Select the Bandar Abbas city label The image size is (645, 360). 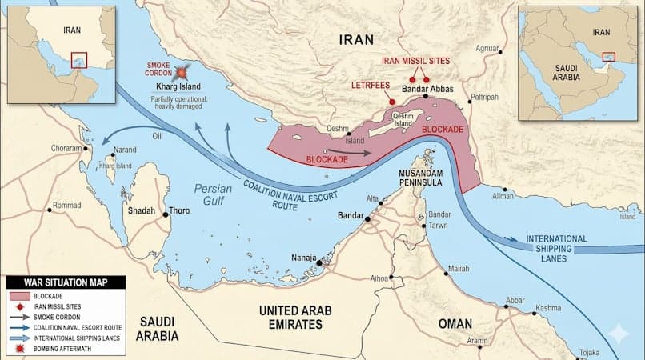[427, 90]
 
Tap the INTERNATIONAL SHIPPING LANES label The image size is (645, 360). [556, 244]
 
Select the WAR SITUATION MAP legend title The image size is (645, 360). [66, 282]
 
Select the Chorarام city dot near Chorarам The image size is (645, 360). [84, 149]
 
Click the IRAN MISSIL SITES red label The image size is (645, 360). [415, 61]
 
